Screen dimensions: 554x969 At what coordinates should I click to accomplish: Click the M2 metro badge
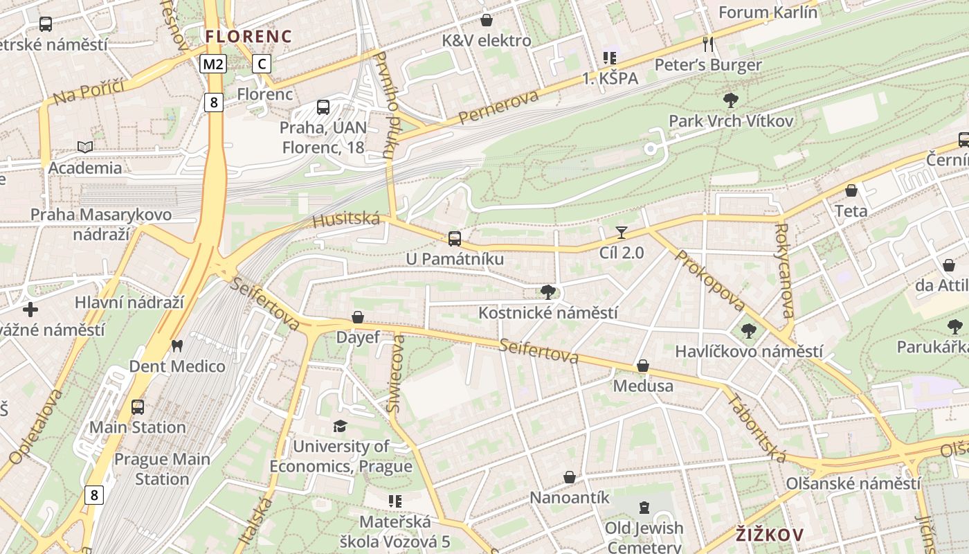(x=213, y=64)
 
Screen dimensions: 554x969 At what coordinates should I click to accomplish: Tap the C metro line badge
(x=261, y=64)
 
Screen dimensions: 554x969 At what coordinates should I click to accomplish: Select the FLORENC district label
(x=248, y=36)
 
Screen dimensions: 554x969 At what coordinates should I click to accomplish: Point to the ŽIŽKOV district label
(x=769, y=535)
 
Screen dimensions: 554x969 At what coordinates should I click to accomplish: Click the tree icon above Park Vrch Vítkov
(x=730, y=100)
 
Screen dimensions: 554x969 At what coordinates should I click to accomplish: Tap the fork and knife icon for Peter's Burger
(x=707, y=44)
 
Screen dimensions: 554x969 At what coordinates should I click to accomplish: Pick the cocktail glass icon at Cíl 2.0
(x=621, y=233)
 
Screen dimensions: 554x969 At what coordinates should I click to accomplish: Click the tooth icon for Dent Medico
(x=177, y=346)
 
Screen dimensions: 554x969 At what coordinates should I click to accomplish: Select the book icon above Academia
(x=85, y=147)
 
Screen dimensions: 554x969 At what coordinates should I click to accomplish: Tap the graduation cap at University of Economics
(x=340, y=426)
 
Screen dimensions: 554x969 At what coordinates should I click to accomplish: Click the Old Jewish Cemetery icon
(x=644, y=508)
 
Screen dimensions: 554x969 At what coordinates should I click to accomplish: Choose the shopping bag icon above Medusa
(x=642, y=365)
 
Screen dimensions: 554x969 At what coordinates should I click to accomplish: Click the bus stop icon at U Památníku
(x=454, y=238)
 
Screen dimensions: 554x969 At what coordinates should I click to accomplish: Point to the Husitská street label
(x=346, y=220)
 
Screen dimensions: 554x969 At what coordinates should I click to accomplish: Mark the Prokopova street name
(x=709, y=280)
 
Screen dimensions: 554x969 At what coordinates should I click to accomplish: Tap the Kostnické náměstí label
(x=547, y=313)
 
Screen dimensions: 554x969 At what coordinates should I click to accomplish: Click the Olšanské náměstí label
(x=853, y=483)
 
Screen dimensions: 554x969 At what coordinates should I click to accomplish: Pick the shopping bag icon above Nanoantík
(x=569, y=477)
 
